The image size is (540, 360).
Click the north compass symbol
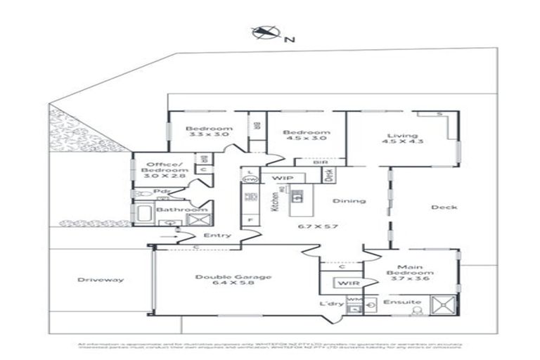click(x=264, y=32)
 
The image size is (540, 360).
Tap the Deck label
click(x=444, y=207)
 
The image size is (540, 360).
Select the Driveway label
click(x=101, y=280)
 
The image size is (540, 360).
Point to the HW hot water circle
click(x=249, y=181)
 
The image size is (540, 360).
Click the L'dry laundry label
click(x=330, y=303)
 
